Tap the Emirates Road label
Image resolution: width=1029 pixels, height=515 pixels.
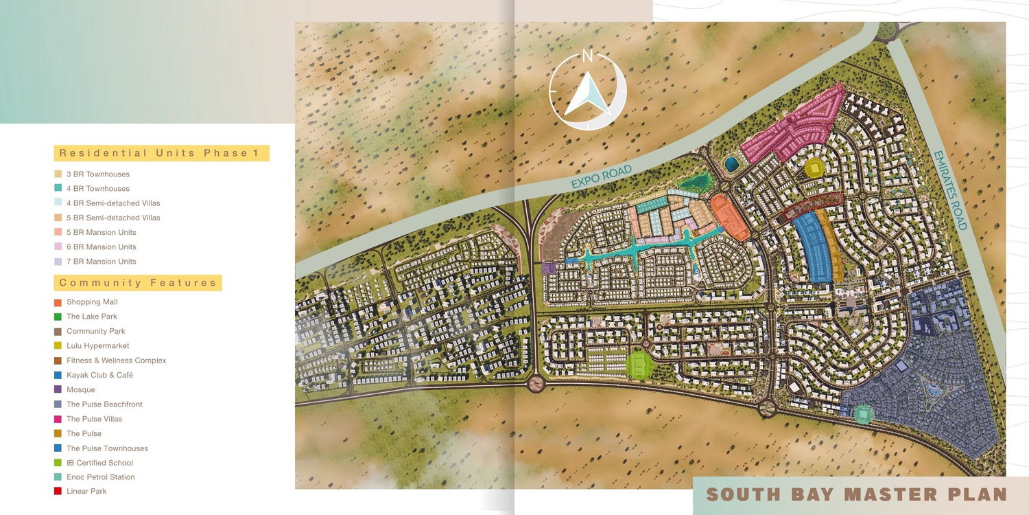(x=950, y=190)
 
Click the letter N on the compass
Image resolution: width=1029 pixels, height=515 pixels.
(x=587, y=57)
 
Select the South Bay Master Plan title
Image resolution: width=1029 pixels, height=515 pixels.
(x=856, y=494)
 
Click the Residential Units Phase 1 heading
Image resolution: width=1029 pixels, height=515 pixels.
(x=161, y=153)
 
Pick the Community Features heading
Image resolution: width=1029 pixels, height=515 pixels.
(x=138, y=282)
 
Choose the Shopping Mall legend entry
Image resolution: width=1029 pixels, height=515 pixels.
(x=92, y=302)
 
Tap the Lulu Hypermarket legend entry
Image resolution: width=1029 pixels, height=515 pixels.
(x=97, y=345)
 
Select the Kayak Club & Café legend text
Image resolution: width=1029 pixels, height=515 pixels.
(x=99, y=375)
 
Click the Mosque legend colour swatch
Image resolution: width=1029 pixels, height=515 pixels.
(x=58, y=390)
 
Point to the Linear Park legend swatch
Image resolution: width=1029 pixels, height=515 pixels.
(x=58, y=492)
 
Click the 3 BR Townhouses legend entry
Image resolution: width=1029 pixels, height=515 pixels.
(x=97, y=174)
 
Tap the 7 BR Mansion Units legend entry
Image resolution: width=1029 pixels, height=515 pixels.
(x=101, y=262)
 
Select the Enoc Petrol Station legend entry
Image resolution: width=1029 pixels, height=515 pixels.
(x=100, y=477)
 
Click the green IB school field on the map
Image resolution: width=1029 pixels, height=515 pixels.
(x=640, y=364)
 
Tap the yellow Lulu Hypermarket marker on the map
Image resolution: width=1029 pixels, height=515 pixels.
(x=814, y=168)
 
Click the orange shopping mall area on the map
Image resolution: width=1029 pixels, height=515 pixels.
(x=729, y=216)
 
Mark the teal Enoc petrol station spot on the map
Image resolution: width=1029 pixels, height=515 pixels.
(x=864, y=414)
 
